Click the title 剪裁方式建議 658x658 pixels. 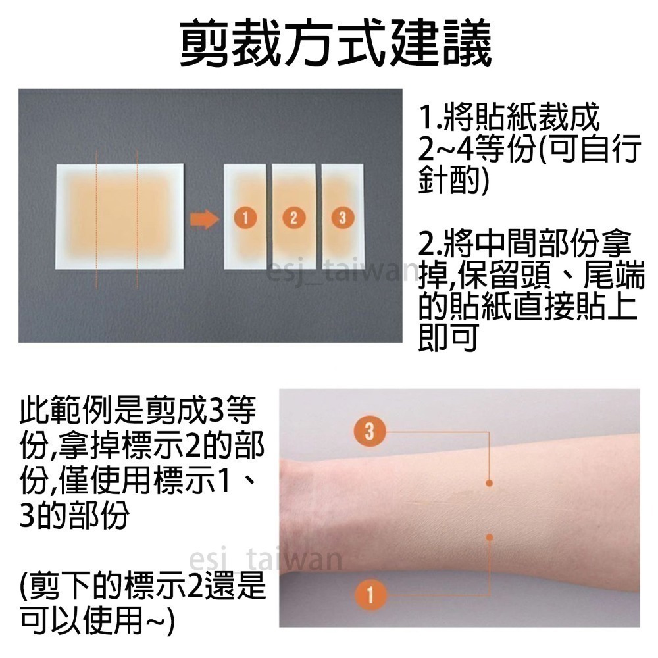coord(336,45)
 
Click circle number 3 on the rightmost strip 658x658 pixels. coord(341,218)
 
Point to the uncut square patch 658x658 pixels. coord(118,224)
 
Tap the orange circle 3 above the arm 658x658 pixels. coord(368,432)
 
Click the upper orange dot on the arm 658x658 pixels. coord(490,484)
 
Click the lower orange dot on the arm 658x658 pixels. coord(490,538)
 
